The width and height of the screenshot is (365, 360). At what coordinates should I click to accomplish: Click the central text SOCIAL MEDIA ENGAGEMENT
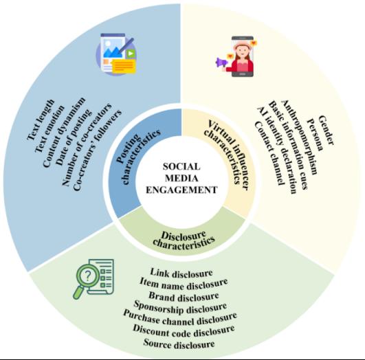click(181, 178)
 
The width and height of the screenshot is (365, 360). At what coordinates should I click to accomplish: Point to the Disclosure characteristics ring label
click(184, 240)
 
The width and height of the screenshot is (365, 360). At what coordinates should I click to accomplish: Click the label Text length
click(41, 120)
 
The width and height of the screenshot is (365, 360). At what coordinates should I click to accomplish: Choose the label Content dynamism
click(63, 132)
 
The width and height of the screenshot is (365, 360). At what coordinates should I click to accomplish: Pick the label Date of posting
click(74, 137)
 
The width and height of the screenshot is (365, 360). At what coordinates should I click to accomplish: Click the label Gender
click(326, 131)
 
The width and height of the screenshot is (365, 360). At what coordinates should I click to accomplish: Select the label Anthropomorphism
click(299, 137)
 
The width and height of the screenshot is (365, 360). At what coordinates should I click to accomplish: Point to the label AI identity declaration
click(276, 150)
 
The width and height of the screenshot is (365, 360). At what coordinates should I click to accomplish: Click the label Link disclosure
click(181, 273)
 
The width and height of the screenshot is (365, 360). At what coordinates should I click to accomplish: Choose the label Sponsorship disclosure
click(180, 307)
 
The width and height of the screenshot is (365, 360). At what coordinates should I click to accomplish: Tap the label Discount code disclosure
click(184, 330)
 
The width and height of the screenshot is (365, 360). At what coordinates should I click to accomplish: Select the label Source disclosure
click(179, 344)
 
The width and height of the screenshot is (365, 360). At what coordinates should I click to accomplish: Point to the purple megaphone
click(221, 63)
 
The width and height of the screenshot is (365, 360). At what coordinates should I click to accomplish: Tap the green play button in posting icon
click(131, 54)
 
